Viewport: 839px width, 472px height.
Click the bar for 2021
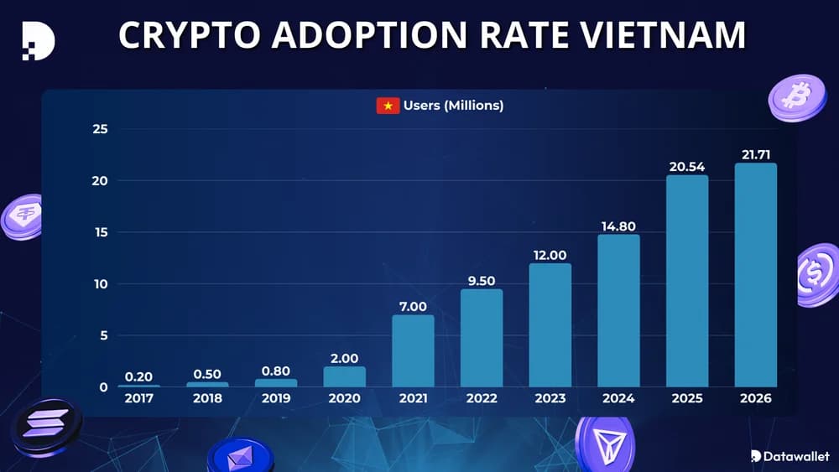pos(413,350)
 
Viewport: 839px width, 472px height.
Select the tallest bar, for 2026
pos(755,275)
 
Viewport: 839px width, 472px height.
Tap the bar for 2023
pos(550,325)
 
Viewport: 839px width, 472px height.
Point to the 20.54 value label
pos(686,167)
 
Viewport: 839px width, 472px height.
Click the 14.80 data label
pos(618,226)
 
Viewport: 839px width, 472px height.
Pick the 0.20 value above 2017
pos(138,376)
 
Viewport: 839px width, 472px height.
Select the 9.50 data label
pos(482,281)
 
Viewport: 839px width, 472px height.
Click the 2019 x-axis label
pos(276,398)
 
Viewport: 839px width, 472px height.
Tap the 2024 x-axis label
pos(618,398)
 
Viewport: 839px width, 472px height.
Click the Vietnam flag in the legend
pos(388,106)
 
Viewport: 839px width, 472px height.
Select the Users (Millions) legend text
pos(453,106)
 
